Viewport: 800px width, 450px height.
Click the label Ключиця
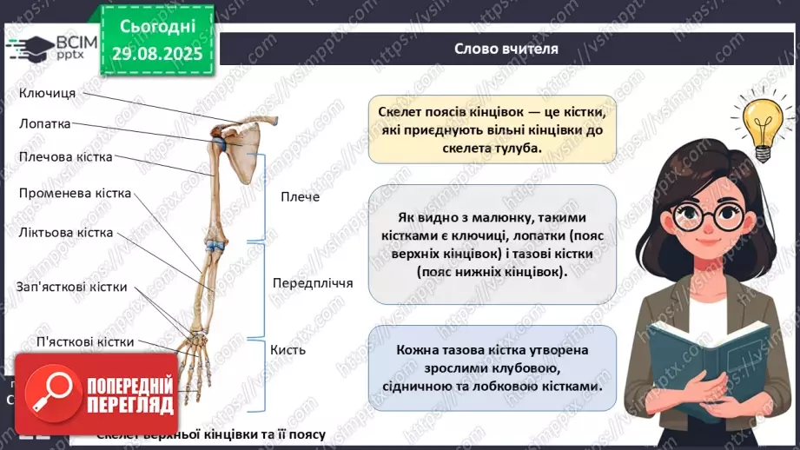(x=48, y=93)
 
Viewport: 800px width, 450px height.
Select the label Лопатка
(x=45, y=124)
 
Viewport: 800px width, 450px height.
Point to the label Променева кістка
(x=75, y=193)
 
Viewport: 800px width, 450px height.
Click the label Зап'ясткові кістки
(x=72, y=287)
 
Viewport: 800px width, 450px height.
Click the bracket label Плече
(x=301, y=197)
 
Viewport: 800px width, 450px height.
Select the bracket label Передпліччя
(x=313, y=283)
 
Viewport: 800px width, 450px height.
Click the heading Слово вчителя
(x=506, y=49)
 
